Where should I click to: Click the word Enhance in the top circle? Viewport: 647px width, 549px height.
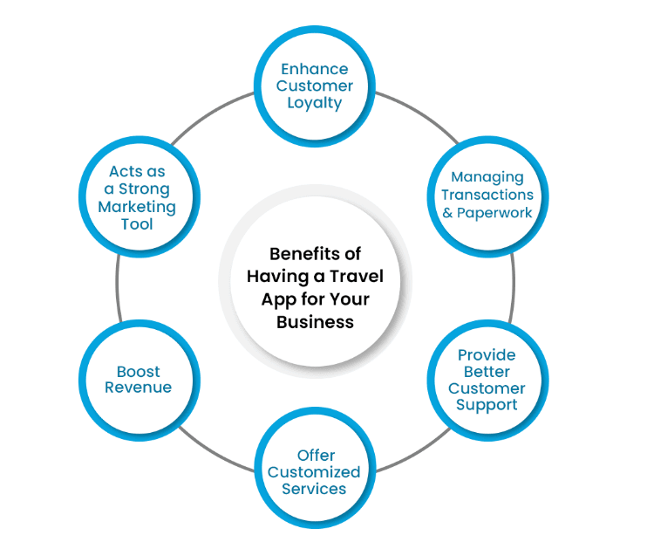tap(314, 69)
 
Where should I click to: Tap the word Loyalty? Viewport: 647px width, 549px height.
tap(314, 102)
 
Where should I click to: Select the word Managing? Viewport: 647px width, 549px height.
tap(487, 177)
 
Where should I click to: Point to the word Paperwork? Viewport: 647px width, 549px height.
tap(497, 212)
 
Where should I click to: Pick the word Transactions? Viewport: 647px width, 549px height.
tap(487, 195)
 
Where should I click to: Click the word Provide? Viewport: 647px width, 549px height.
tap(487, 354)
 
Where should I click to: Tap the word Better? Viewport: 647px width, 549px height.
tap(487, 371)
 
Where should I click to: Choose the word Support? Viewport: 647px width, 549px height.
tap(487, 405)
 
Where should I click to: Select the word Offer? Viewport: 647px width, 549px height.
tap(315, 455)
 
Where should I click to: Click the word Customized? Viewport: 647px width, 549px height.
tap(314, 472)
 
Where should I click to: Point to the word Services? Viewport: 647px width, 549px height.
tap(314, 489)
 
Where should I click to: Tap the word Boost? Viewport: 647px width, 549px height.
tap(138, 371)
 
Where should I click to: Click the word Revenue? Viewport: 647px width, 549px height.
tap(138, 388)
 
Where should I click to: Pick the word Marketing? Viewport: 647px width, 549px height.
tap(137, 207)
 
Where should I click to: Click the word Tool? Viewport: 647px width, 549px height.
tap(137, 224)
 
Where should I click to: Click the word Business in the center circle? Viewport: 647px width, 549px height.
tap(315, 321)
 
